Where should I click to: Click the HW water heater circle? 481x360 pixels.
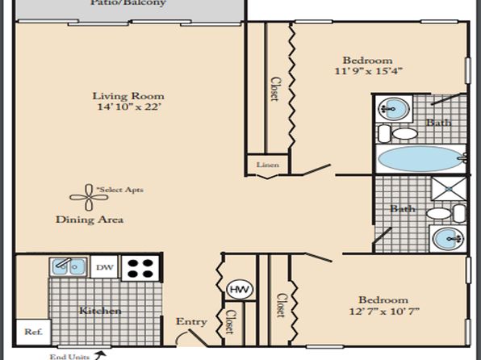[240, 289]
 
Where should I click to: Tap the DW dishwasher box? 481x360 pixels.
[105, 267]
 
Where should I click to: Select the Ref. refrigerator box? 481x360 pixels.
[33, 332]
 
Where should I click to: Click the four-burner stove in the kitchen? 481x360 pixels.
[140, 268]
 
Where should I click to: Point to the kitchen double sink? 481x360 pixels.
[68, 266]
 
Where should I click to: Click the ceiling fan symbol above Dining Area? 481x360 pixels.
[89, 197]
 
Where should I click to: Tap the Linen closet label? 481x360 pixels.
[268, 165]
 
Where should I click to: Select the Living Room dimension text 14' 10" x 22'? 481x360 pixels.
[129, 107]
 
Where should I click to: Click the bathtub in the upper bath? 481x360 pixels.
[421, 159]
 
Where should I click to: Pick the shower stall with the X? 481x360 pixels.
[449, 189]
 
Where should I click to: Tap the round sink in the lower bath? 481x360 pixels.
[448, 238]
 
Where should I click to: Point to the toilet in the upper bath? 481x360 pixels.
[398, 133]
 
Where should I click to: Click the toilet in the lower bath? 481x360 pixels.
[446, 213]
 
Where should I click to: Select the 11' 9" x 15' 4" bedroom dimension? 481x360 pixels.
[368, 71]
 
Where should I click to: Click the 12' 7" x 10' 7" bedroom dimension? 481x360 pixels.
[384, 312]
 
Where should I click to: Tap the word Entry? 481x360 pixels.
[191, 321]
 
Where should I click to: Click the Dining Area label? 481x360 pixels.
[90, 220]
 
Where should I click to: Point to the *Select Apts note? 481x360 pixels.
[120, 190]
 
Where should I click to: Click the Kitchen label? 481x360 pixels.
[100, 311]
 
